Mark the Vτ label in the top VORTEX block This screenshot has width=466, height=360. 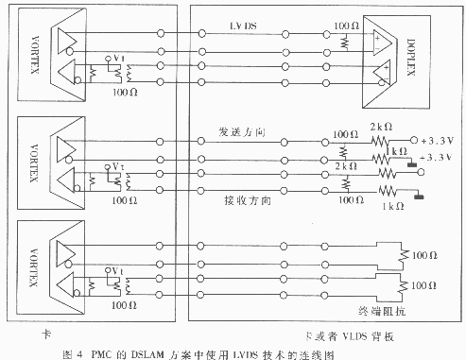click(x=117, y=58)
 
